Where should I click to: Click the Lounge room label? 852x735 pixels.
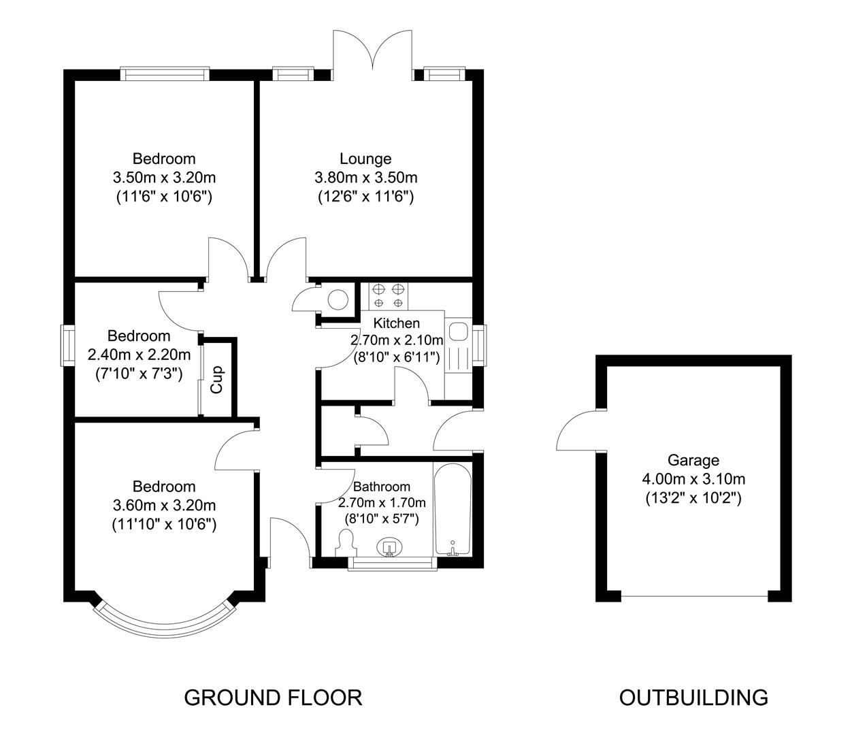pos(365,159)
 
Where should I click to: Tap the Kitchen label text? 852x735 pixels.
pos(397,323)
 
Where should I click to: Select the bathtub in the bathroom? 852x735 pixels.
pos(452,509)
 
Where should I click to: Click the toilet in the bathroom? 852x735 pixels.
pos(346,542)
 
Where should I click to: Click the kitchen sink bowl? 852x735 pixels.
pos(459,332)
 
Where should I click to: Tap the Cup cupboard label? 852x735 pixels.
pos(217,380)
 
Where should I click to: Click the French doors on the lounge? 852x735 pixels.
pos(372,51)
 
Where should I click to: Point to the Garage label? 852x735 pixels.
pos(693,460)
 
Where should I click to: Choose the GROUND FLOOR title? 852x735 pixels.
pos(273,698)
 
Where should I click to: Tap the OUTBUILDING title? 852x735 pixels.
pos(693,698)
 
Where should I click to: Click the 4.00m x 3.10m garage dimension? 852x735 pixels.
pos(693,479)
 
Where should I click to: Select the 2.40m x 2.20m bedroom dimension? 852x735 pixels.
pos(139,355)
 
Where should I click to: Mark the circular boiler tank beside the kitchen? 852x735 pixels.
pos(338,299)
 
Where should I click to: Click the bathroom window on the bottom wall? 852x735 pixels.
pos(391,563)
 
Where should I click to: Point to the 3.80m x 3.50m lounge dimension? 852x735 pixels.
pos(365,178)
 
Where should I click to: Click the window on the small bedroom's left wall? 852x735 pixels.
pos(68,344)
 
